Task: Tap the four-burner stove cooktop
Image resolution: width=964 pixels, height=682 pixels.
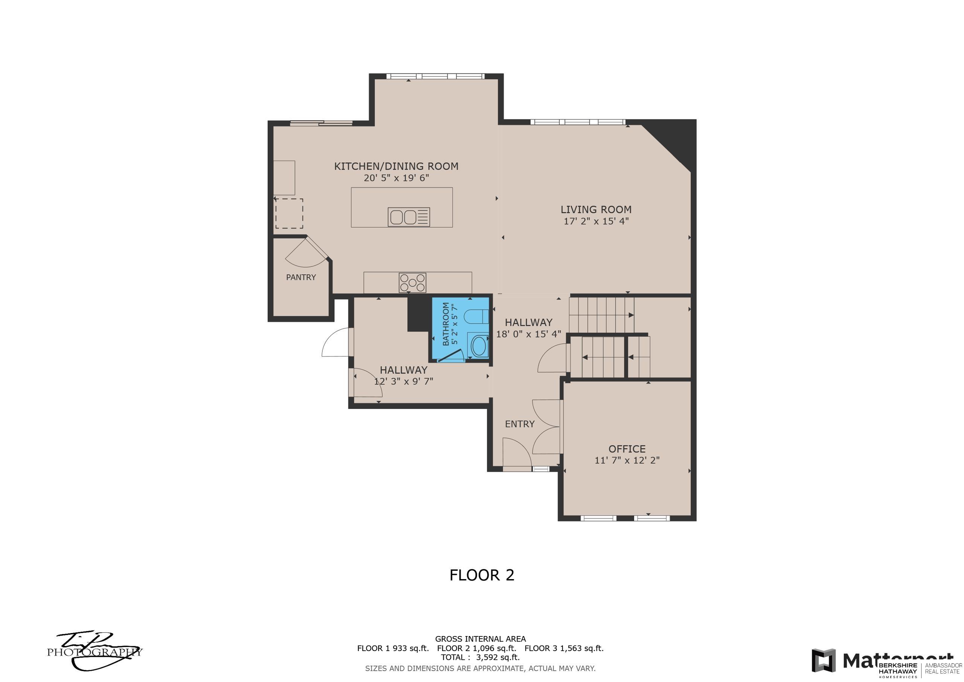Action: (412, 283)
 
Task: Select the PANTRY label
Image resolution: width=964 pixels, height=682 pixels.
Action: (300, 277)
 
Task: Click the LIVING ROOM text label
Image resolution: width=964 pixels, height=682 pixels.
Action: (595, 209)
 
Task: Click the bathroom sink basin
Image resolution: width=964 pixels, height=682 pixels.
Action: (479, 346)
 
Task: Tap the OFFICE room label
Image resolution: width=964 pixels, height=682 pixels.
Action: (627, 449)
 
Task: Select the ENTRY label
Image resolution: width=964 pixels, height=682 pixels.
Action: (519, 424)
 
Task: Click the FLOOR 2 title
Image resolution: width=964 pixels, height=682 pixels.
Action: (482, 575)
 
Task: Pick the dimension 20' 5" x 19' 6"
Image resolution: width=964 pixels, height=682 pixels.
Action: (396, 178)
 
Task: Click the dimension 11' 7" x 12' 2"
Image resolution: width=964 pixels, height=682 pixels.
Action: (627, 460)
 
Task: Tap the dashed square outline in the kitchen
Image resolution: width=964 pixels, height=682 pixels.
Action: (289, 214)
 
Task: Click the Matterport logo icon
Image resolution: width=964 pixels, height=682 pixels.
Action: (823, 661)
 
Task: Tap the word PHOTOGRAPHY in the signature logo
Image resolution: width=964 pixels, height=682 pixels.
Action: (94, 652)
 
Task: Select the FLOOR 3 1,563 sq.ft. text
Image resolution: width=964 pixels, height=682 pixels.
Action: (563, 648)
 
